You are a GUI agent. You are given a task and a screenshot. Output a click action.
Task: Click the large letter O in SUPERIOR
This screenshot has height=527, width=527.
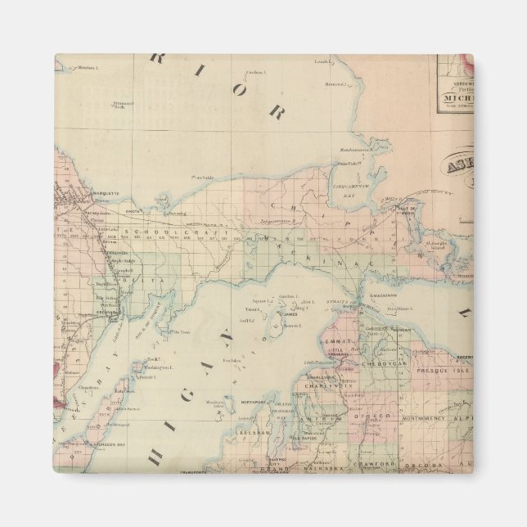click(x=241, y=89)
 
